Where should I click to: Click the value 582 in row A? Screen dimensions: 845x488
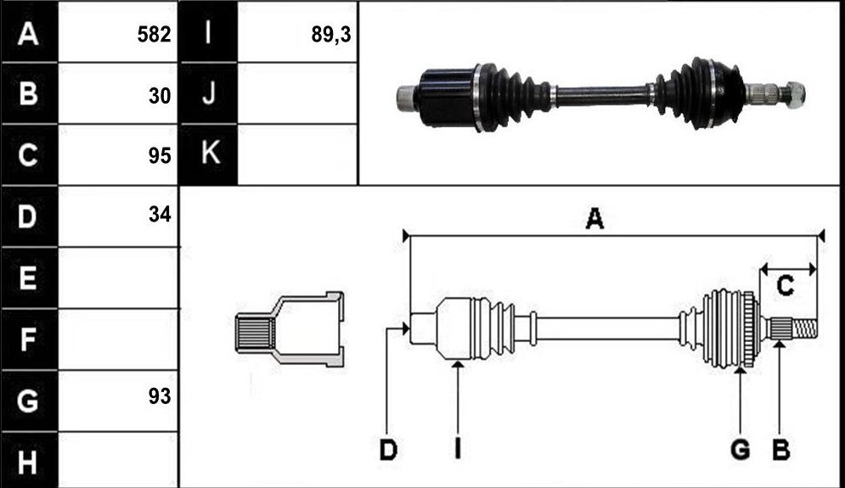tap(154, 35)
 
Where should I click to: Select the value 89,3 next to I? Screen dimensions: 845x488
tap(331, 35)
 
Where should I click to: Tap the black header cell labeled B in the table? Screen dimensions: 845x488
tap(29, 93)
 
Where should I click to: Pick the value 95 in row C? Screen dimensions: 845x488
tap(160, 155)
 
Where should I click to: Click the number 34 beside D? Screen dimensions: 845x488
tap(160, 215)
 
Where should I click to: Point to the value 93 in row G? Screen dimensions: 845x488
tap(160, 396)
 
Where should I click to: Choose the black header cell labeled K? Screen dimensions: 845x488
tap(209, 154)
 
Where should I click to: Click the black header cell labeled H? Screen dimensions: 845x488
tap(29, 461)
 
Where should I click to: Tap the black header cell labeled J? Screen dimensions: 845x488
tap(209, 93)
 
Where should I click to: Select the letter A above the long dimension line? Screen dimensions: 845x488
tap(594, 219)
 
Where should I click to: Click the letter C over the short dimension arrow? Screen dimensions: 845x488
tap(786, 285)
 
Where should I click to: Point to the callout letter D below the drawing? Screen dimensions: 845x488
tap(388, 450)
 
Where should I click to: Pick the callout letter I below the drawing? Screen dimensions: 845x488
tap(458, 449)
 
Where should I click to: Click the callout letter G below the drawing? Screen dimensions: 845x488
tap(741, 449)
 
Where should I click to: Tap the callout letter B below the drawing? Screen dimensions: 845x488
tap(780, 450)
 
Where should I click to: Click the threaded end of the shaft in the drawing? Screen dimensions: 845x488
tap(804, 329)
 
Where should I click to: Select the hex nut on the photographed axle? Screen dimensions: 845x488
tap(794, 93)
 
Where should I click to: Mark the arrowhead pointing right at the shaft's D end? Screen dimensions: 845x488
tap(405, 328)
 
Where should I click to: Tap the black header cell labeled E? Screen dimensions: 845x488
tap(29, 278)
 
